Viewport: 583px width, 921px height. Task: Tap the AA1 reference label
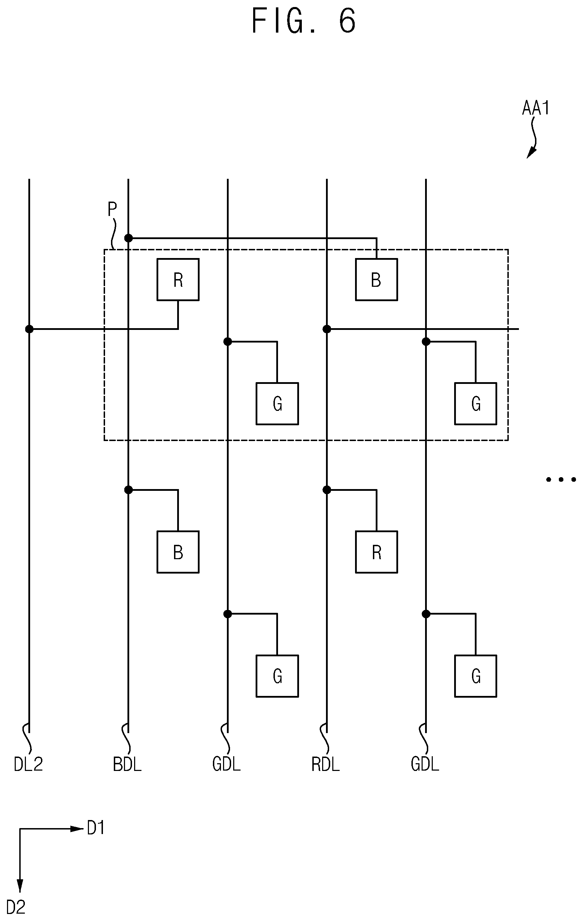[536, 108]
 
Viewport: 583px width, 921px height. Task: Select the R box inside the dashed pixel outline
[178, 279]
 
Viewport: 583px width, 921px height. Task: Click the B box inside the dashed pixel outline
[376, 279]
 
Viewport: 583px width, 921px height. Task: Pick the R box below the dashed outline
[376, 552]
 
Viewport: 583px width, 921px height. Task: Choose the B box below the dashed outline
[178, 552]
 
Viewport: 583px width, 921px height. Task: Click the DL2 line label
[28, 765]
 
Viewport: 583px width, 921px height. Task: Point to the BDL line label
[127, 765]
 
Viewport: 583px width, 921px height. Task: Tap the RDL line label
[326, 765]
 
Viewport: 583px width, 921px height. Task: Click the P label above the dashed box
[112, 209]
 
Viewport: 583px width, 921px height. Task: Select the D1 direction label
[96, 828]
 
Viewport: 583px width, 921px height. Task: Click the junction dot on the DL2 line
[29, 329]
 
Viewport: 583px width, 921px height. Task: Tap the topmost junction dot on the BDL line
[129, 238]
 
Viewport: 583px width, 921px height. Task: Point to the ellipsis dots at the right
[561, 479]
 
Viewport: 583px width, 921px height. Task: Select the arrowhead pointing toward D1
[77, 829]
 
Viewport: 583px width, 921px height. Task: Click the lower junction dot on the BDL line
[129, 489]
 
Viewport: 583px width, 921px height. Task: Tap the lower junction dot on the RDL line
[327, 489]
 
